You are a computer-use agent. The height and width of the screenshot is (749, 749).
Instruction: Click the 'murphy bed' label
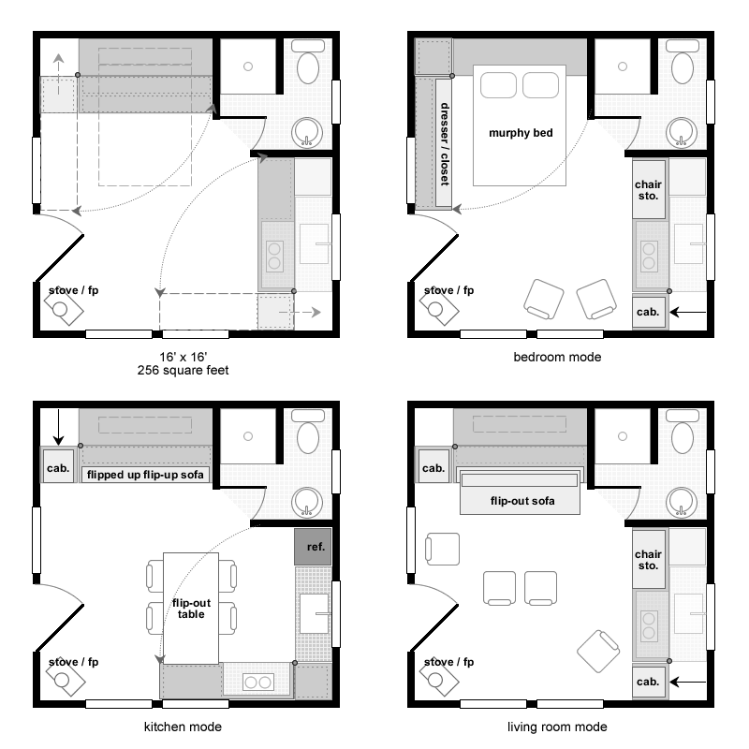[521, 133]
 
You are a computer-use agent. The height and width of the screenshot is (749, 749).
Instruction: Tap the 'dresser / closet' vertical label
[444, 144]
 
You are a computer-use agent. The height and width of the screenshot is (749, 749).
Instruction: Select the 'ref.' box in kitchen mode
[313, 547]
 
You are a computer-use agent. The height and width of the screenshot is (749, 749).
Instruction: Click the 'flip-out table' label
[191, 609]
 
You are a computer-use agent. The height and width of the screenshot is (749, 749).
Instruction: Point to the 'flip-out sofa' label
[522, 501]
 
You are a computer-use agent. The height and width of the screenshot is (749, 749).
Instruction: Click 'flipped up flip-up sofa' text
[145, 475]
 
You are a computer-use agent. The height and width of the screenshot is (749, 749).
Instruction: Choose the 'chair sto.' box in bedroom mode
[649, 190]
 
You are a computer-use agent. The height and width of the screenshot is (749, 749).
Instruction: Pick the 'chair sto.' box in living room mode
[649, 559]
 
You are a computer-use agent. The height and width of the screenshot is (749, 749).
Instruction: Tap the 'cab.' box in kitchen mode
[58, 468]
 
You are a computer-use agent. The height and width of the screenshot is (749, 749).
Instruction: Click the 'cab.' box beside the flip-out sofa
[433, 468]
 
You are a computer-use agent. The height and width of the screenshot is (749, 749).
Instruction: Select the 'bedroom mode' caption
[557, 358]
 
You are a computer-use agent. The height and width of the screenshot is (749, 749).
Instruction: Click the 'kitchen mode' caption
[183, 727]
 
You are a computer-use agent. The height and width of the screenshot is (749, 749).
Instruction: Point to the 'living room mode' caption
[557, 727]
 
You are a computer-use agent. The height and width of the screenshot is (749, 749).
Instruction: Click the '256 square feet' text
[183, 370]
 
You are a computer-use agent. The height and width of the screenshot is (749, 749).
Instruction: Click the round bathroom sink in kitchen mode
[307, 503]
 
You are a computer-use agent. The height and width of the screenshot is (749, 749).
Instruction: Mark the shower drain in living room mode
[623, 436]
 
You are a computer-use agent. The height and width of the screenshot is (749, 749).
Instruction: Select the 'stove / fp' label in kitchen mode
[74, 662]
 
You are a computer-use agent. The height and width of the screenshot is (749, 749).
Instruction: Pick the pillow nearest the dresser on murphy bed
[498, 85]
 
